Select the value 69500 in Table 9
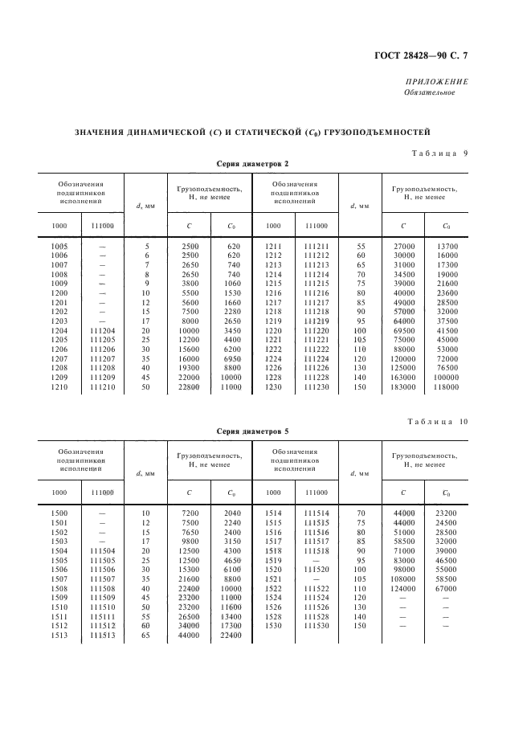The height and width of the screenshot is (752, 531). click(x=403, y=330)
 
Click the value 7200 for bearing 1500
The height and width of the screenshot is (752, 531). click(x=190, y=512)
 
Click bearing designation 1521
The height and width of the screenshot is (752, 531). click(x=273, y=578)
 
